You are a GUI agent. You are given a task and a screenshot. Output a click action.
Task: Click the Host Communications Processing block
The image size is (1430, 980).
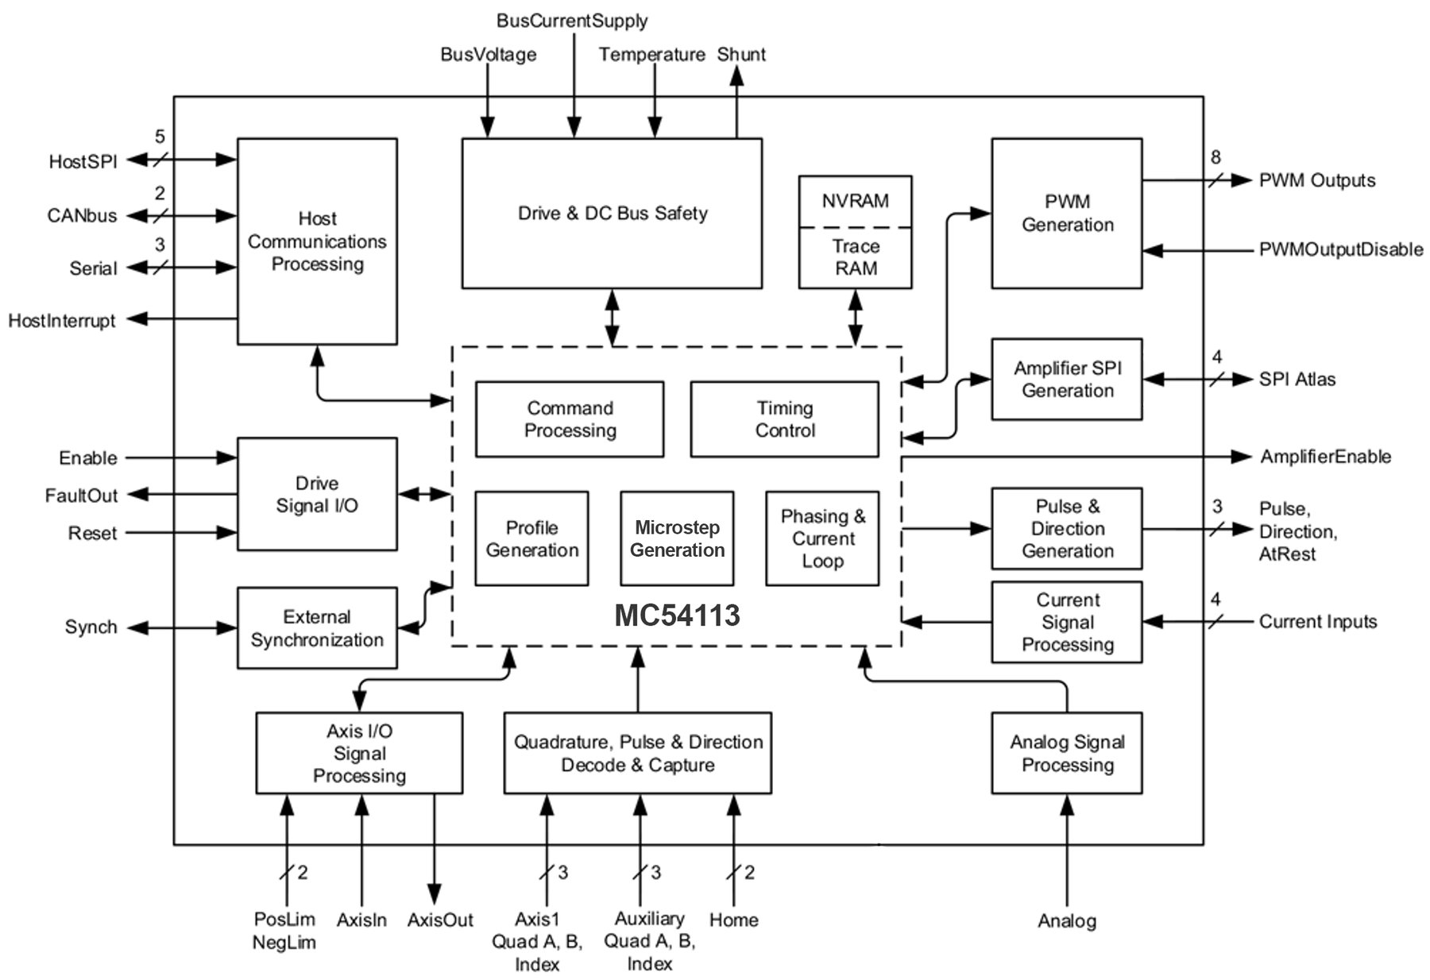(317, 241)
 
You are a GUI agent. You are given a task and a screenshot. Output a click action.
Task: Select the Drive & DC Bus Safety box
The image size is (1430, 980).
(612, 213)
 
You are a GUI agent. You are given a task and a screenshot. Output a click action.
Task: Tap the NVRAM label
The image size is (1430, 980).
(855, 201)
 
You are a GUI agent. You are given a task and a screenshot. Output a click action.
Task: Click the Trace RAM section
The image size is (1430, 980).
(855, 257)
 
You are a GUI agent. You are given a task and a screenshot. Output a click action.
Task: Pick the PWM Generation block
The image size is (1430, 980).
(1066, 213)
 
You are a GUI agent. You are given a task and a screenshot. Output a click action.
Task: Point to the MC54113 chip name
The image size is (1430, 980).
(677, 615)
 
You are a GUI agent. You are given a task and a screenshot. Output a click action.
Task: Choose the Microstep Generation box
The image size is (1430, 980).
(677, 538)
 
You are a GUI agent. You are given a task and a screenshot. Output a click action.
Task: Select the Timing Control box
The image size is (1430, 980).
(784, 419)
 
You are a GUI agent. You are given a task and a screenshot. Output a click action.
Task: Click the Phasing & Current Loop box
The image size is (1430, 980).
(822, 538)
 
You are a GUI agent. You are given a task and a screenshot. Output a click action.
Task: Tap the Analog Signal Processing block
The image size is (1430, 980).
(1066, 753)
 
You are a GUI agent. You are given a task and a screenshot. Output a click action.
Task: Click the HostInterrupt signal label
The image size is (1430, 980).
(62, 321)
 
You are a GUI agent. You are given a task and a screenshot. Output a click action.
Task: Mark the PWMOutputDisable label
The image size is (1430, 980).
(1340, 250)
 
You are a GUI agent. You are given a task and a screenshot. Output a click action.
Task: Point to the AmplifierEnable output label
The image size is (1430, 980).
(1325, 457)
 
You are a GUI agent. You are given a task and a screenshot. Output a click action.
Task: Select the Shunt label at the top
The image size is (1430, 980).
(741, 55)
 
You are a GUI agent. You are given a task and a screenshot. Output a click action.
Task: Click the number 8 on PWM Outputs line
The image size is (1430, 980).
(1215, 157)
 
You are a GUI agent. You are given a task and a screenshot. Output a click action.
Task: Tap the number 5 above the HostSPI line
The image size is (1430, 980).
(160, 137)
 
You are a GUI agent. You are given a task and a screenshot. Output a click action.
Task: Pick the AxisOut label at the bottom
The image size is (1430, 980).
(440, 920)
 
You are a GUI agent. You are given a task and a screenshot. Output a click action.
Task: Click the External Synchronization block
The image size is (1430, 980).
(317, 628)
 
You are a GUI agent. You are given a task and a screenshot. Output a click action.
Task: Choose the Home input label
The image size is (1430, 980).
(733, 920)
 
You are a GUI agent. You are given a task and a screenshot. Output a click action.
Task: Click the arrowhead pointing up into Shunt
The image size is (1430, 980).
(736, 76)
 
